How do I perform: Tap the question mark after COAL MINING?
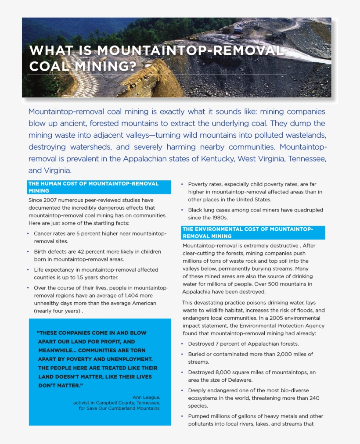pyautogui.click(x=133, y=67)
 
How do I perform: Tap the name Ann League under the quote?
pyautogui.click(x=146, y=397)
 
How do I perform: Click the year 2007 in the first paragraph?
pyautogui.click(x=51, y=200)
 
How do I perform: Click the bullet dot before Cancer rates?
pyautogui.click(x=29, y=234)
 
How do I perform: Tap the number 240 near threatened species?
pyautogui.click(x=314, y=398)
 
